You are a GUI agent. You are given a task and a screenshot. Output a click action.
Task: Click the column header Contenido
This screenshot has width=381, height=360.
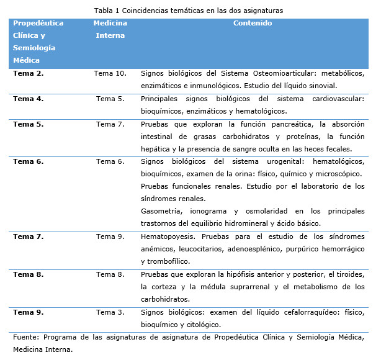252,23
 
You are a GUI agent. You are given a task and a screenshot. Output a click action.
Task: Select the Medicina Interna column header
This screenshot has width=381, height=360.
110,29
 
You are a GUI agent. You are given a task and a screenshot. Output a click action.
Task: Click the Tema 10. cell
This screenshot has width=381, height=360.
110,73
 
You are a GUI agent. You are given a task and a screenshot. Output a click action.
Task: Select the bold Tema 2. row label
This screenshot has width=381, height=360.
28,73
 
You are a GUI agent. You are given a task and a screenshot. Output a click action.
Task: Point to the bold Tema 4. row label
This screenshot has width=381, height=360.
28,99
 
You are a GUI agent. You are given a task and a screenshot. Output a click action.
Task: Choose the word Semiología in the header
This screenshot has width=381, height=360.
34,48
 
